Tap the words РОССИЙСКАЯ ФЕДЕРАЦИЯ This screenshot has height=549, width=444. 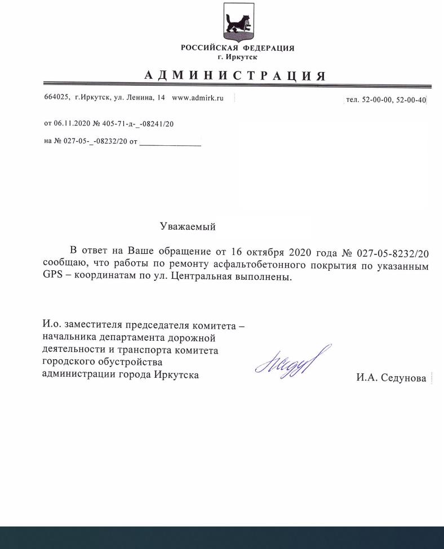[237, 48]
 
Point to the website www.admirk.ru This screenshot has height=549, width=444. [197, 98]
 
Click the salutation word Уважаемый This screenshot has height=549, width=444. [188, 227]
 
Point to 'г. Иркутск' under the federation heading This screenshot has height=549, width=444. [237, 57]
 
